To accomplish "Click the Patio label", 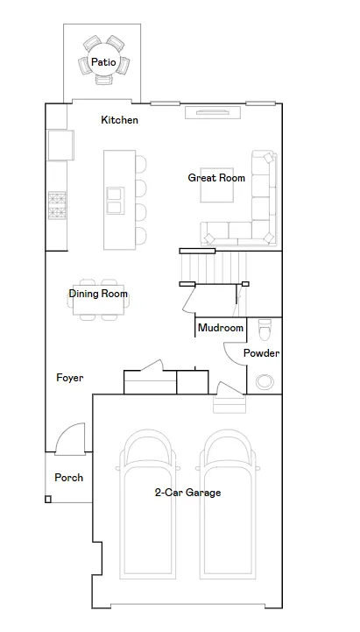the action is click(x=103, y=62).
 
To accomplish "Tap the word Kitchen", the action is click(x=120, y=120).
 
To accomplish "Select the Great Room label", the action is click(x=216, y=178).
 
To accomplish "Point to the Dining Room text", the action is click(x=98, y=294).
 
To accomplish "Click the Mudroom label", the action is click(x=221, y=328).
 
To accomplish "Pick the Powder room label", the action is click(x=261, y=353).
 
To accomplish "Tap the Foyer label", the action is click(x=70, y=378).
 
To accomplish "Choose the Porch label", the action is click(x=69, y=478).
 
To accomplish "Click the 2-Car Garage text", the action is click(x=187, y=493).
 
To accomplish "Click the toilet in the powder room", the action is click(x=265, y=330).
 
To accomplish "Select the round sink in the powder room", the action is click(x=265, y=381).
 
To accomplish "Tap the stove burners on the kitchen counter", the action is click(x=57, y=206).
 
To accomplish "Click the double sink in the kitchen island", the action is click(x=115, y=201).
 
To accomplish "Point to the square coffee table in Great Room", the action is click(x=217, y=185).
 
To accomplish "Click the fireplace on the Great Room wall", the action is click(x=213, y=112).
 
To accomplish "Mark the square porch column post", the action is click(x=48, y=500).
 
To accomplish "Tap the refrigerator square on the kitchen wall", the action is click(x=60, y=146).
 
